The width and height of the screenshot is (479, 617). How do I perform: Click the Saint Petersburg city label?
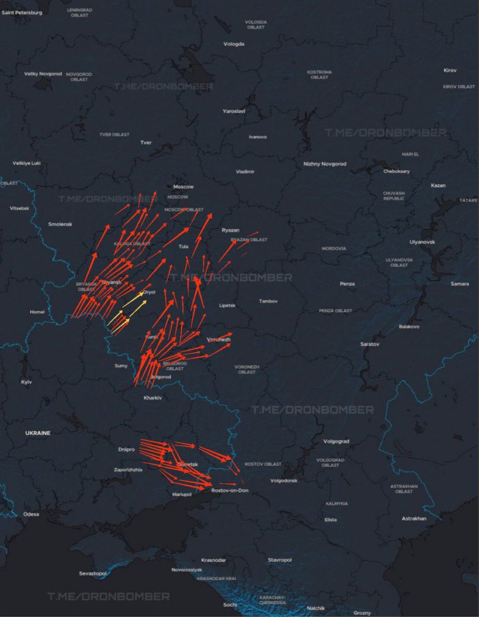click(x=21, y=13)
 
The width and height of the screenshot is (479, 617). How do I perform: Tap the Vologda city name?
click(x=234, y=44)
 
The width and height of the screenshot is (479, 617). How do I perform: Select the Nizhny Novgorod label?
click(x=325, y=164)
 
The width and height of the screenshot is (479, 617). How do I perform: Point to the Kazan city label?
click(x=438, y=185)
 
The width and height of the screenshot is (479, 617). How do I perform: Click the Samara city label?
click(x=460, y=284)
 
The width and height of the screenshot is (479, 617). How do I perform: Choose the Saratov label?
click(x=369, y=344)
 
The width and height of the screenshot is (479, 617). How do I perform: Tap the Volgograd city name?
click(x=336, y=441)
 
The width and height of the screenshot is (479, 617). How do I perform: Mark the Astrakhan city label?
click(x=414, y=519)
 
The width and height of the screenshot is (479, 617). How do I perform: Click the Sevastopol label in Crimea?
click(x=93, y=573)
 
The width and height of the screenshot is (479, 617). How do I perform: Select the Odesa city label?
click(x=31, y=514)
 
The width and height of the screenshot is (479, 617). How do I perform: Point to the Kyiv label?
click(x=26, y=382)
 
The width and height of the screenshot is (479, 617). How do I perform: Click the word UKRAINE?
click(x=38, y=433)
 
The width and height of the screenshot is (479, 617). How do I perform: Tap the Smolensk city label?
click(x=60, y=224)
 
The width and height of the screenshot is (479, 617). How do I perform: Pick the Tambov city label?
click(x=268, y=301)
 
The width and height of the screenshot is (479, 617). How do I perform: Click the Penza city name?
click(x=347, y=284)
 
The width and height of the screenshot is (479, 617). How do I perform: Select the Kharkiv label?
click(x=153, y=398)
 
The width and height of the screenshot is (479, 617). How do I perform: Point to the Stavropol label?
click(x=279, y=560)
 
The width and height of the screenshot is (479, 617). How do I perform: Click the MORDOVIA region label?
click(x=334, y=248)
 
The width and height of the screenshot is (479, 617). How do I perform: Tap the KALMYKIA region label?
click(x=337, y=503)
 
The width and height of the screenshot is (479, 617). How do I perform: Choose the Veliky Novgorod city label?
click(x=43, y=74)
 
